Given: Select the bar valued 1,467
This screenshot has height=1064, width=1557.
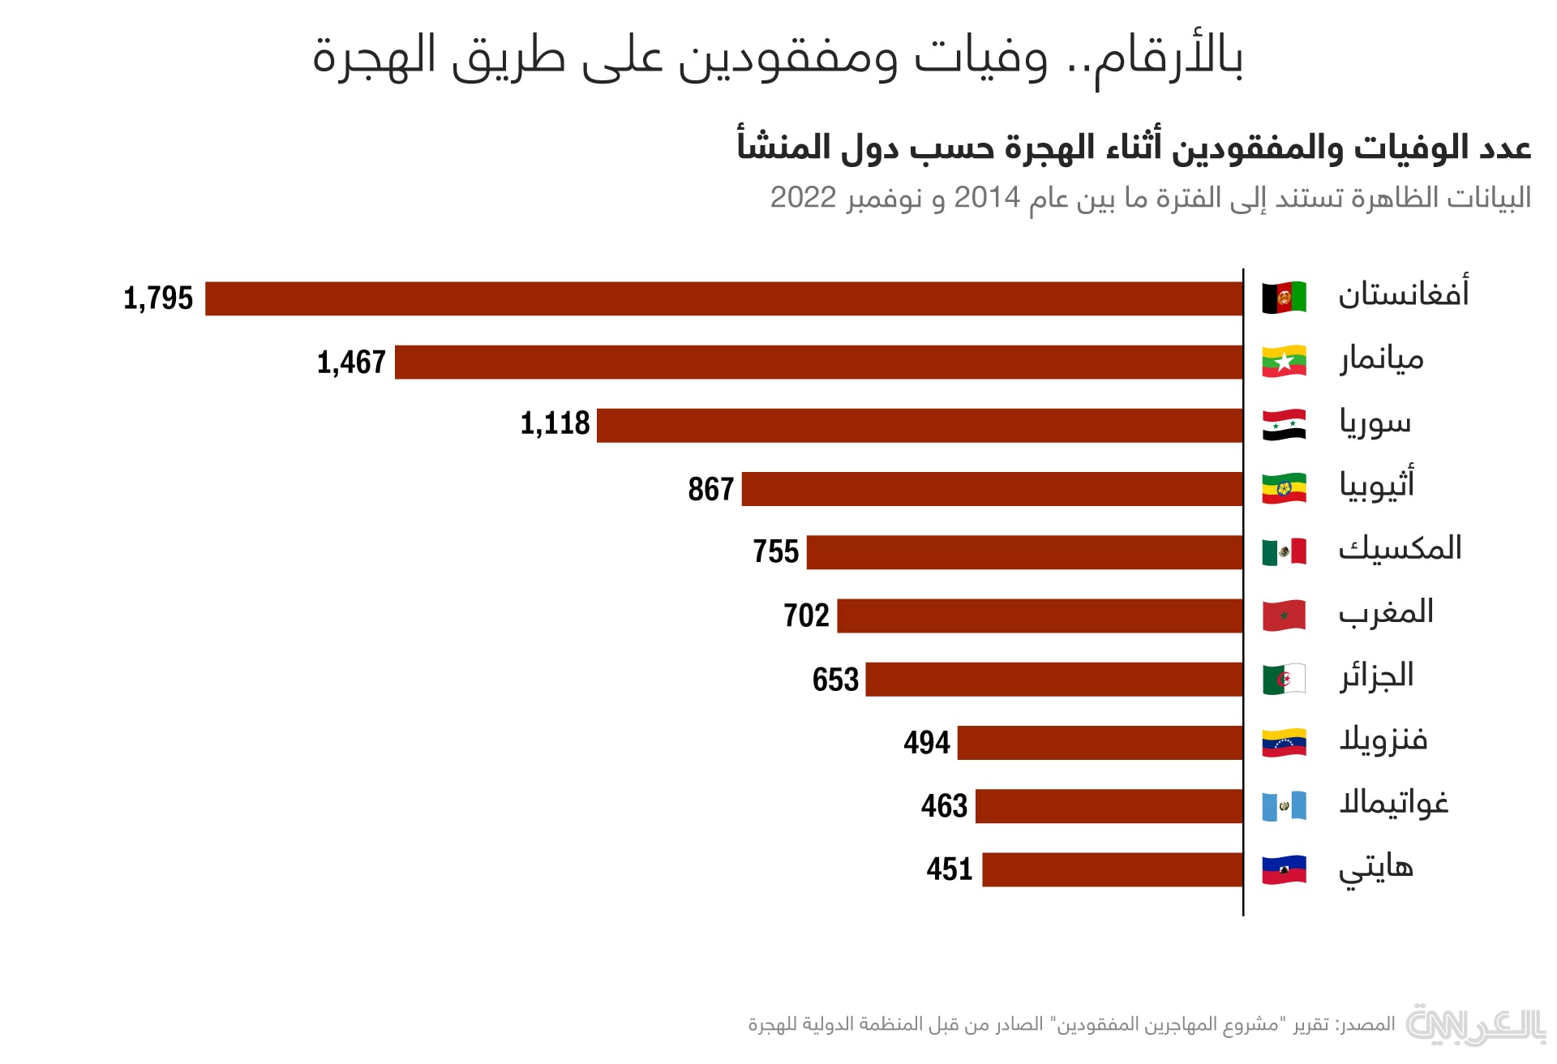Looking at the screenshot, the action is tap(818, 362).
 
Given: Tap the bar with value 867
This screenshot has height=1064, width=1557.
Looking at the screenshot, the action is tap(992, 489).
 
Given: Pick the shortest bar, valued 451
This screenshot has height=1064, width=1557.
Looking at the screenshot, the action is tap(1112, 869).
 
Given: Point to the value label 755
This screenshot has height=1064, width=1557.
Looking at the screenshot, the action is tap(776, 551).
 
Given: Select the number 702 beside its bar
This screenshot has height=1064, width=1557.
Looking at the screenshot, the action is tap(806, 616).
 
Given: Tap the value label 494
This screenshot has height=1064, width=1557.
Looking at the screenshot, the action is tap(927, 742).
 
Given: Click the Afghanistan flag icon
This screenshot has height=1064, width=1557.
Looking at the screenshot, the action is tap(1284, 298).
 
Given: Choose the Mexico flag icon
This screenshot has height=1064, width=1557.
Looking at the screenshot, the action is tap(1284, 551).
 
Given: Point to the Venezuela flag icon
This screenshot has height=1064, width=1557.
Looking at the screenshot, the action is tap(1284, 742).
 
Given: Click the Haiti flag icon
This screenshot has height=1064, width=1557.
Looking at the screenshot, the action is tap(1284, 869).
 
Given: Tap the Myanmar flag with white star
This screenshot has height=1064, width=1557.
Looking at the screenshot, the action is tap(1284, 362).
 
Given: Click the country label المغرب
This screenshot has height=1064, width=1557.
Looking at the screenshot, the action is tap(1386, 612).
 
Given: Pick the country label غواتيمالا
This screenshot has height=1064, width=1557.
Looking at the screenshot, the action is tap(1393, 803).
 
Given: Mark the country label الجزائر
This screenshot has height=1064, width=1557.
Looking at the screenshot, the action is tap(1376, 676).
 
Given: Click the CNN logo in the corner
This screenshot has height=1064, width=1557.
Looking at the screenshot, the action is tap(1476, 1025).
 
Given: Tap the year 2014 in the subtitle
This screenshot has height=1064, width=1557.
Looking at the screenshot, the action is tap(986, 197).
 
